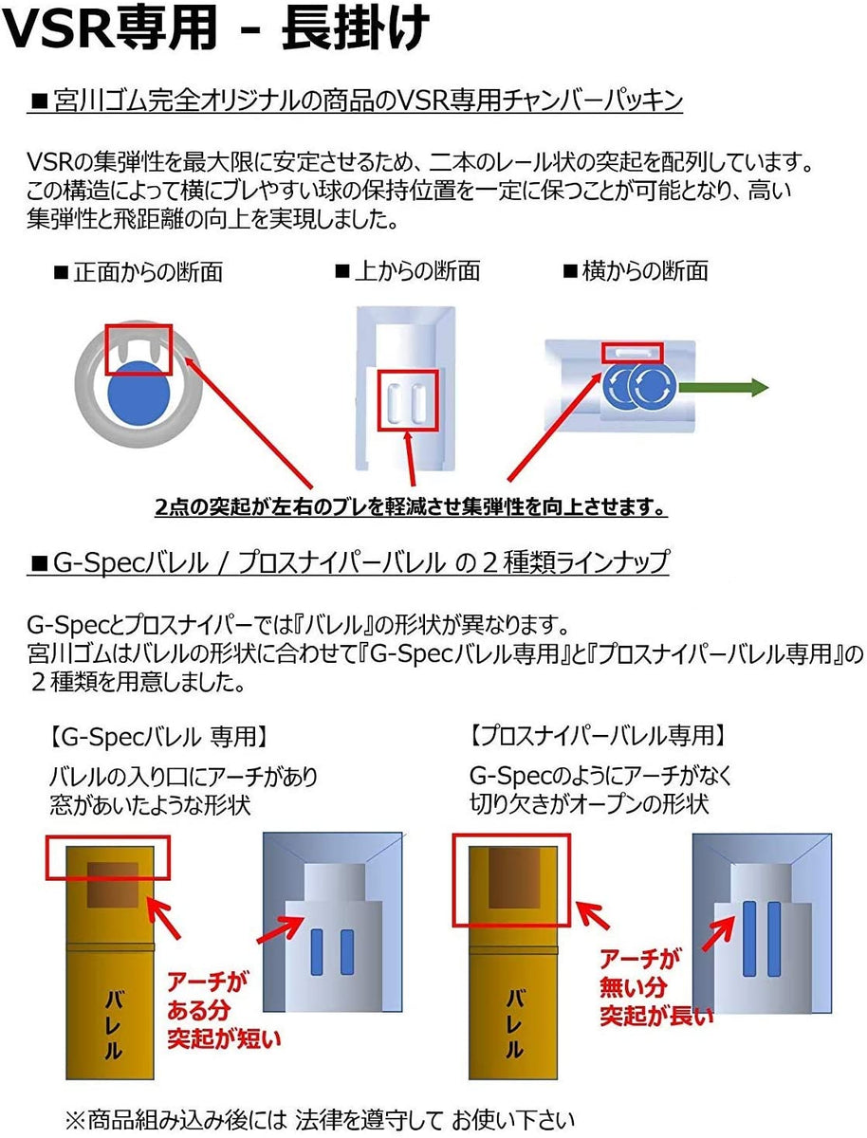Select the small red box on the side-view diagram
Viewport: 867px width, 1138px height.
coord(634,352)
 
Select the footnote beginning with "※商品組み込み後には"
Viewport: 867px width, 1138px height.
coord(320,1118)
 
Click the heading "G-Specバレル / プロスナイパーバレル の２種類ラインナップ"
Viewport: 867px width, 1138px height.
coord(350,563)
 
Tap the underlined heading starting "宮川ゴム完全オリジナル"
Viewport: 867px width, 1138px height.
coord(356,101)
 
